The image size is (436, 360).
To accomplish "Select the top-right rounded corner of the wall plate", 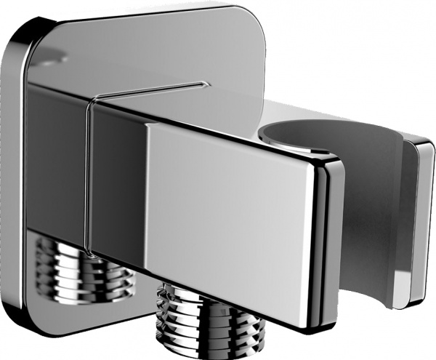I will tap(251, 18).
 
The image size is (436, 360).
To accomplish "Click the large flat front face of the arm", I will tap(233, 211).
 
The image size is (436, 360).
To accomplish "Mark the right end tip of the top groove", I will tap(199, 84).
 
